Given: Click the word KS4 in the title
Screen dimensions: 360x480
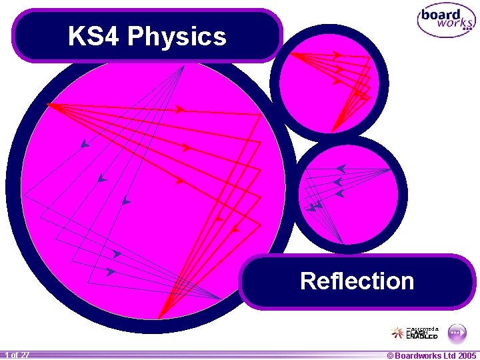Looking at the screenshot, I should click(93, 37).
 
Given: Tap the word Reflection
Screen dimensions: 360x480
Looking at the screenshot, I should click(357, 281).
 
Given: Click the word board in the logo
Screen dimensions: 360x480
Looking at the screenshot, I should click(441, 15).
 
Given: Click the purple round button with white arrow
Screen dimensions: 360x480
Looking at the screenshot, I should click(456, 331).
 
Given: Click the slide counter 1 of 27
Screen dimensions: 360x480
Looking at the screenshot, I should click(16, 355).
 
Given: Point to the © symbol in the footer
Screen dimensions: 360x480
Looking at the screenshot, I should click(391, 355).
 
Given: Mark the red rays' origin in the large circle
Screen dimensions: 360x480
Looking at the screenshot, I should click(49, 104).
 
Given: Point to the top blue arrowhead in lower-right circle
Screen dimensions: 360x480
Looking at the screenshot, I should click(341, 169).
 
